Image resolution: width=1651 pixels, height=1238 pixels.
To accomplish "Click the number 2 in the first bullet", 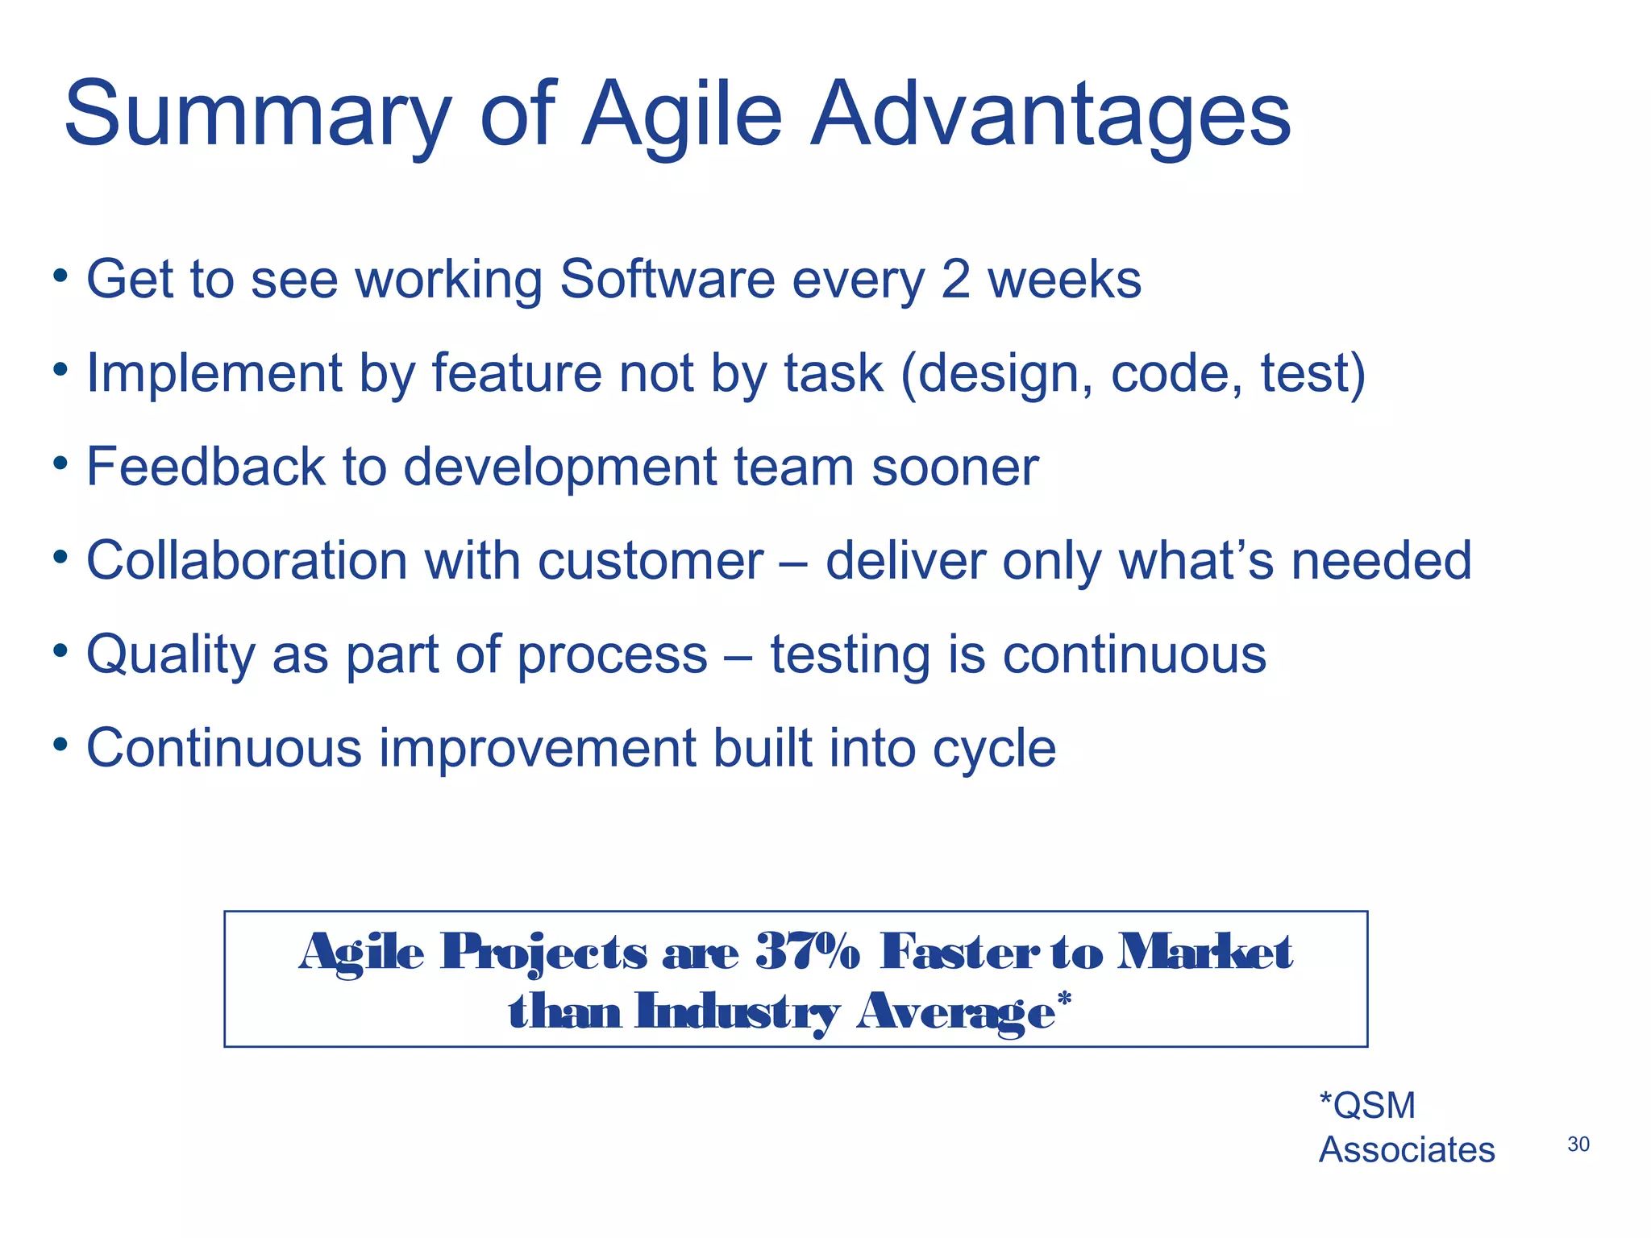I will [x=955, y=280].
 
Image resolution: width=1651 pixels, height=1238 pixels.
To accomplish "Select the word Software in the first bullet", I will [x=667, y=280].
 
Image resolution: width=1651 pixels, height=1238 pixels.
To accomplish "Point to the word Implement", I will [x=214, y=373].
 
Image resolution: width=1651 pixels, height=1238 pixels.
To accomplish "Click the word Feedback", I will [x=206, y=467].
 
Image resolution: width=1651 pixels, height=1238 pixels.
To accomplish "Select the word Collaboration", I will [x=247, y=560].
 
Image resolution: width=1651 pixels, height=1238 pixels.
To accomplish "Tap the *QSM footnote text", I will [x=1367, y=1105].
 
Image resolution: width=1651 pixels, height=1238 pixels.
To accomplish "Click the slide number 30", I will [x=1578, y=1144].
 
